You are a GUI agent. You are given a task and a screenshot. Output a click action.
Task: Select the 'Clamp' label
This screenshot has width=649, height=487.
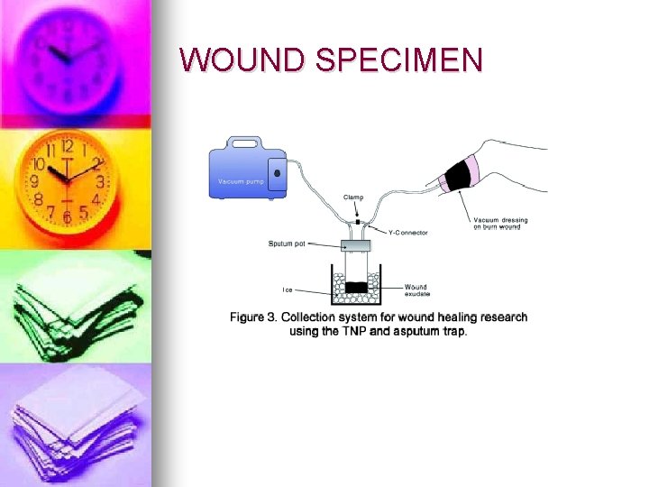click(x=354, y=198)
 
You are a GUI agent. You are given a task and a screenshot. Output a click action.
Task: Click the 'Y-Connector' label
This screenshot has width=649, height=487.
click(x=407, y=233)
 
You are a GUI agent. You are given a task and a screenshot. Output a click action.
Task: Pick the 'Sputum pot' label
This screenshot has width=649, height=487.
click(x=287, y=243)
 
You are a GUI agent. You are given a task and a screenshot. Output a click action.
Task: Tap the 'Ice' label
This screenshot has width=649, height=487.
click(x=288, y=289)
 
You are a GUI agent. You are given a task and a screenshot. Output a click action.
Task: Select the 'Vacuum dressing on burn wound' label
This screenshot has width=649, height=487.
click(x=501, y=223)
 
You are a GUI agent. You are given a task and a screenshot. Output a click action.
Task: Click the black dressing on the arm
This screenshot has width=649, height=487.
click(x=460, y=173)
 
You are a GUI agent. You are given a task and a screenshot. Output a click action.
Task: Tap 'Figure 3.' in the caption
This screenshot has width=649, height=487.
click(x=254, y=317)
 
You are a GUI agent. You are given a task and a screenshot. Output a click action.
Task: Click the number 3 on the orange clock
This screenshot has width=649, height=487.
click(x=100, y=182)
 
